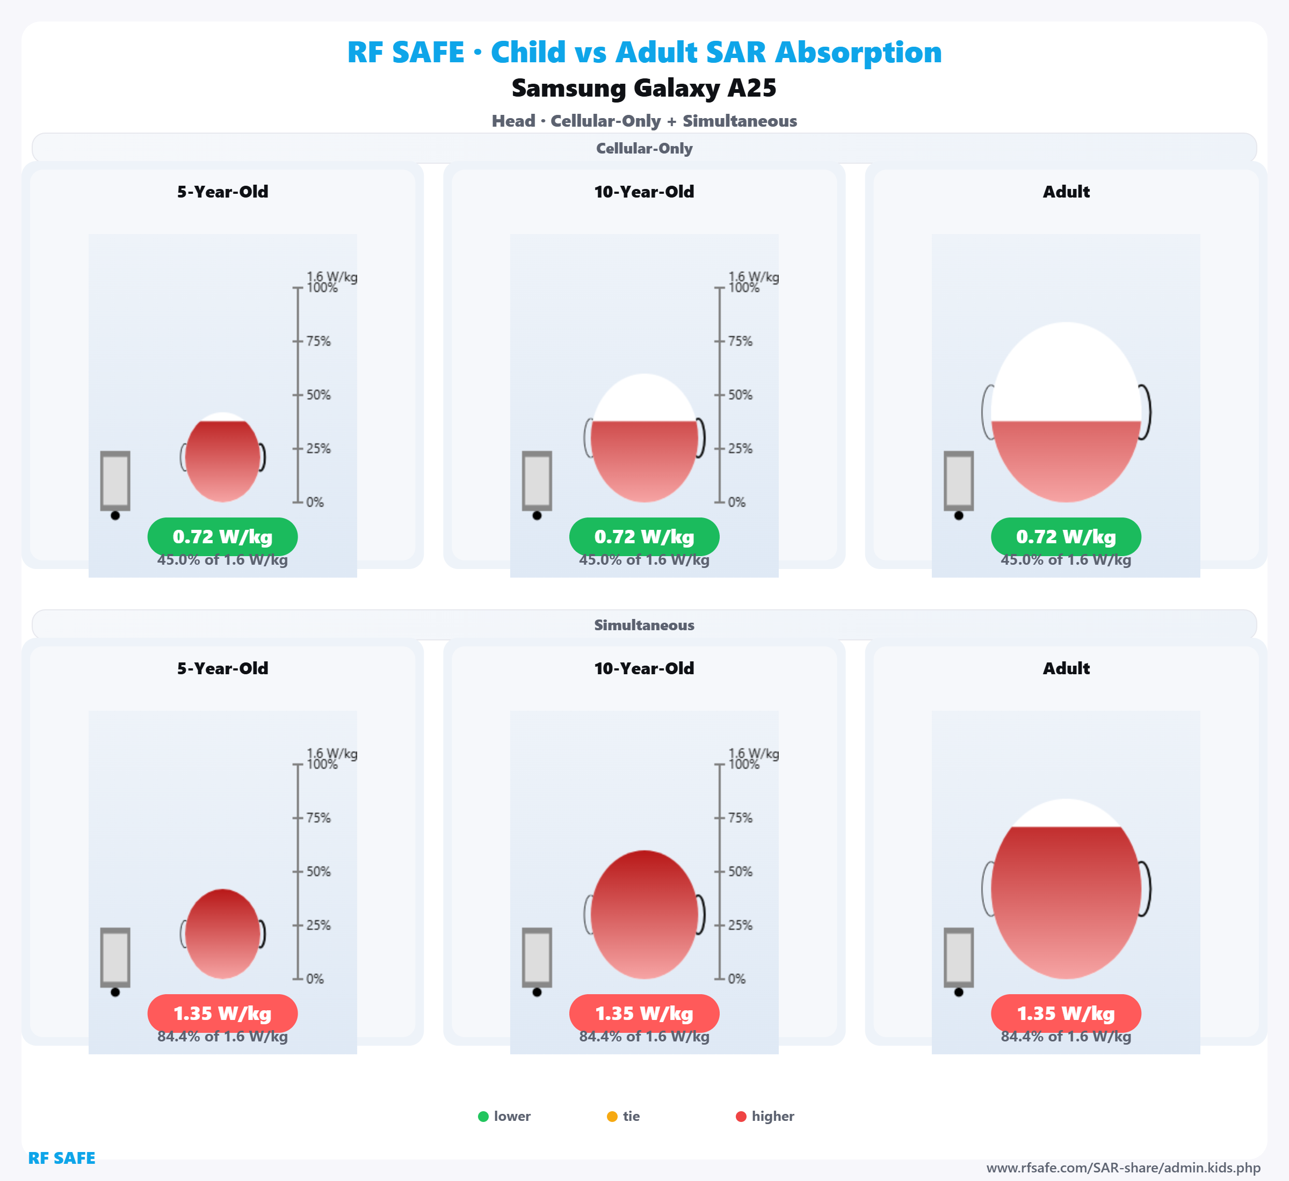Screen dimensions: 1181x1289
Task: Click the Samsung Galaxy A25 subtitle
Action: tap(644, 88)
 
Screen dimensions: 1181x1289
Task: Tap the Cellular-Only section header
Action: tap(644, 148)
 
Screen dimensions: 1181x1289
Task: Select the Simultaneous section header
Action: tap(644, 625)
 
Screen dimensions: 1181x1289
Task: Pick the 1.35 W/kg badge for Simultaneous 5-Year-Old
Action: tap(222, 1014)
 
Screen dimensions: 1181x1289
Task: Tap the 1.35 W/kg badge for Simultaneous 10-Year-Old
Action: tap(644, 1014)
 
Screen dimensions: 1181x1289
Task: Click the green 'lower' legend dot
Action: tap(483, 1117)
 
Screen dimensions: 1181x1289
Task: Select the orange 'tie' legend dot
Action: tap(612, 1117)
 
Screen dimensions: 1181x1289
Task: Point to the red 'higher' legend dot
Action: tap(741, 1117)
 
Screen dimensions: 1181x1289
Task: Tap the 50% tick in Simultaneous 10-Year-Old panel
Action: tap(739, 872)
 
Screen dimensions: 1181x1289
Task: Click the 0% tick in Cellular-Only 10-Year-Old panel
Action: tap(736, 502)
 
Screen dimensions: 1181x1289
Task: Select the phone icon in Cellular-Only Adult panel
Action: tap(959, 481)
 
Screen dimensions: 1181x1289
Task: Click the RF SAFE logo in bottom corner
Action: tap(61, 1158)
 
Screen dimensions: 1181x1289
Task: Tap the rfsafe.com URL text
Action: tap(1124, 1168)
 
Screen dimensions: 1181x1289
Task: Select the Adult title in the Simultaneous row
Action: tap(1066, 668)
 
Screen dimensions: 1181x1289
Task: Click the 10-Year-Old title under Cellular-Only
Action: tap(644, 192)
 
